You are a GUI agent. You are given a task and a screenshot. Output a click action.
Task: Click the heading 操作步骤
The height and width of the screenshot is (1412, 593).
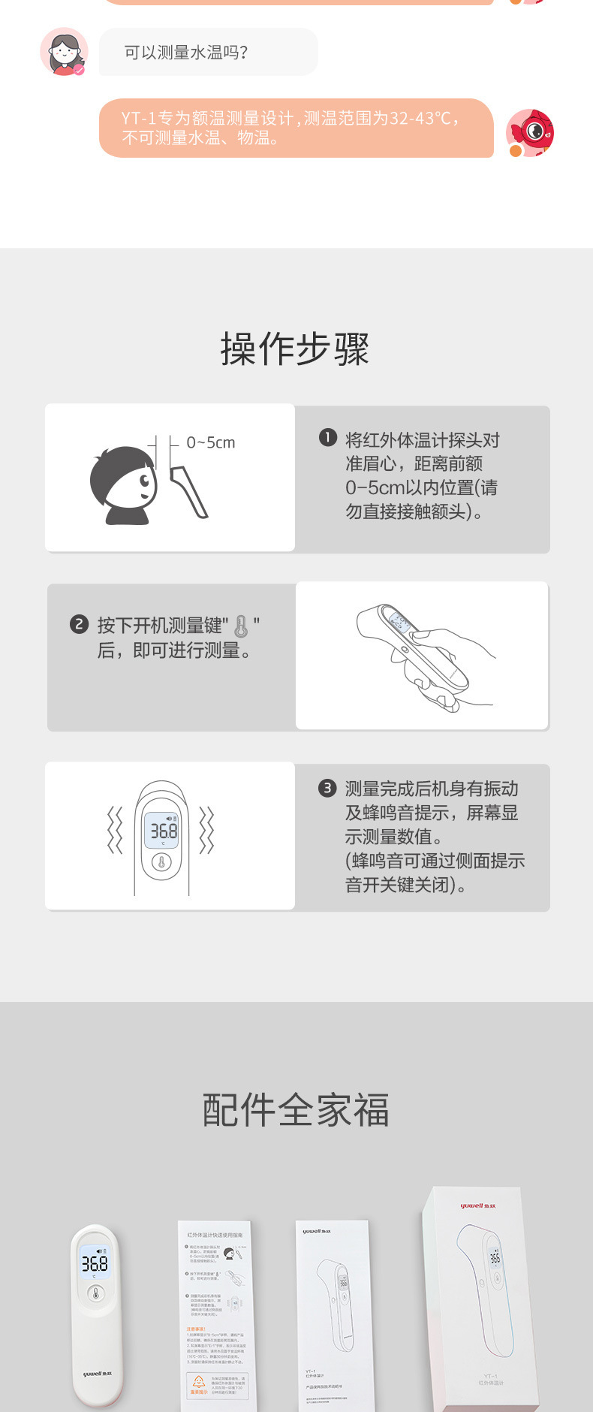pos(295,349)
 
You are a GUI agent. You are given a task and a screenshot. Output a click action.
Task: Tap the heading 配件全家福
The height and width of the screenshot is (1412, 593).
pos(296,1110)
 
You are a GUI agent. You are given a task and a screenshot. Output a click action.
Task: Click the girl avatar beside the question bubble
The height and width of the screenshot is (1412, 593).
pos(63,52)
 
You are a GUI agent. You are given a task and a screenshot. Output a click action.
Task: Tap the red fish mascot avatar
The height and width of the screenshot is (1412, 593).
pos(531,132)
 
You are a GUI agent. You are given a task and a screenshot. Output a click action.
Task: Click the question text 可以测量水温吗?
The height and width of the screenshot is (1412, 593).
pos(186,53)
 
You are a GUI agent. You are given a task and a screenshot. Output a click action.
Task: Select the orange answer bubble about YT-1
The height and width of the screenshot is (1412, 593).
pos(296,128)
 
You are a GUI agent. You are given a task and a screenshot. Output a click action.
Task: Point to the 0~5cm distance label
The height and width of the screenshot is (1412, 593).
pos(211,443)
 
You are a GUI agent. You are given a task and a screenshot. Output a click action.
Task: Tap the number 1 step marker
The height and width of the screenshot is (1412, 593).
pos(327,438)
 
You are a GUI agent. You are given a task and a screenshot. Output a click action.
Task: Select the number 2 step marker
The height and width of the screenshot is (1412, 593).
pos(79,624)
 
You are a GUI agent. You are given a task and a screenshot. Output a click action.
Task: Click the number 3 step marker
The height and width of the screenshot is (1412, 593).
pos(327,788)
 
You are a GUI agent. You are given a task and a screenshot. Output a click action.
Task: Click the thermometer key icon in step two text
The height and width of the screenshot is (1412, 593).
pos(241,626)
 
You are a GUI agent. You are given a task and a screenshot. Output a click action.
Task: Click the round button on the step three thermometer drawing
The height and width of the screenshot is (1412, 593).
pos(161,863)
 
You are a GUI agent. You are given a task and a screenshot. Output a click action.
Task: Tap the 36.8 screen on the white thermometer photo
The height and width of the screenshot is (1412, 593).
pos(95,1263)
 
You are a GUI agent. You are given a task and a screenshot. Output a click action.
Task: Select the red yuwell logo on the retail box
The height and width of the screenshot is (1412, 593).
pos(477,1205)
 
